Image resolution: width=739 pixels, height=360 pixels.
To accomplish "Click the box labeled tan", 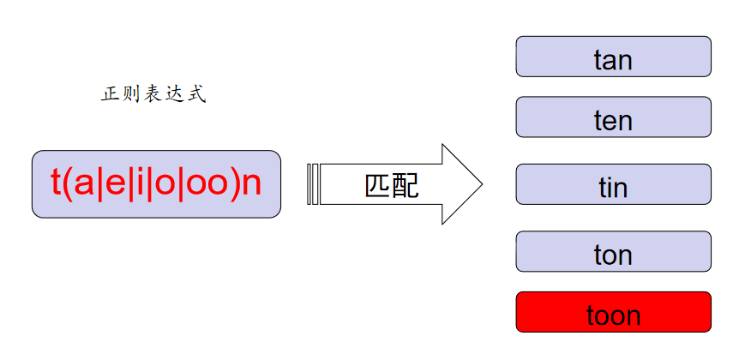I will click(x=613, y=57).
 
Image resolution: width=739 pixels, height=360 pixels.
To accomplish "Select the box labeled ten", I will click(x=613, y=117).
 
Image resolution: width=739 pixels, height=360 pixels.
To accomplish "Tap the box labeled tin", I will click(x=613, y=184).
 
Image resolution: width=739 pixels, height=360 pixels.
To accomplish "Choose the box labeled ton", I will click(x=613, y=251).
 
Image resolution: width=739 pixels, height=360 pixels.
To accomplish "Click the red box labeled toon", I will click(x=613, y=312).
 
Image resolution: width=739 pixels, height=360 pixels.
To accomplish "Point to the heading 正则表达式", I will click(x=153, y=94).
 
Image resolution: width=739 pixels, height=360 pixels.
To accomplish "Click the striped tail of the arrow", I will click(x=313, y=184).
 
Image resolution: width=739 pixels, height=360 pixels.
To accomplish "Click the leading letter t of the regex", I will click(x=57, y=184).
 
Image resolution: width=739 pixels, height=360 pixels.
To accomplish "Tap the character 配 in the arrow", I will click(x=406, y=184).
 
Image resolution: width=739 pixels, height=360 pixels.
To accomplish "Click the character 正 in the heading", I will click(x=110, y=94).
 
